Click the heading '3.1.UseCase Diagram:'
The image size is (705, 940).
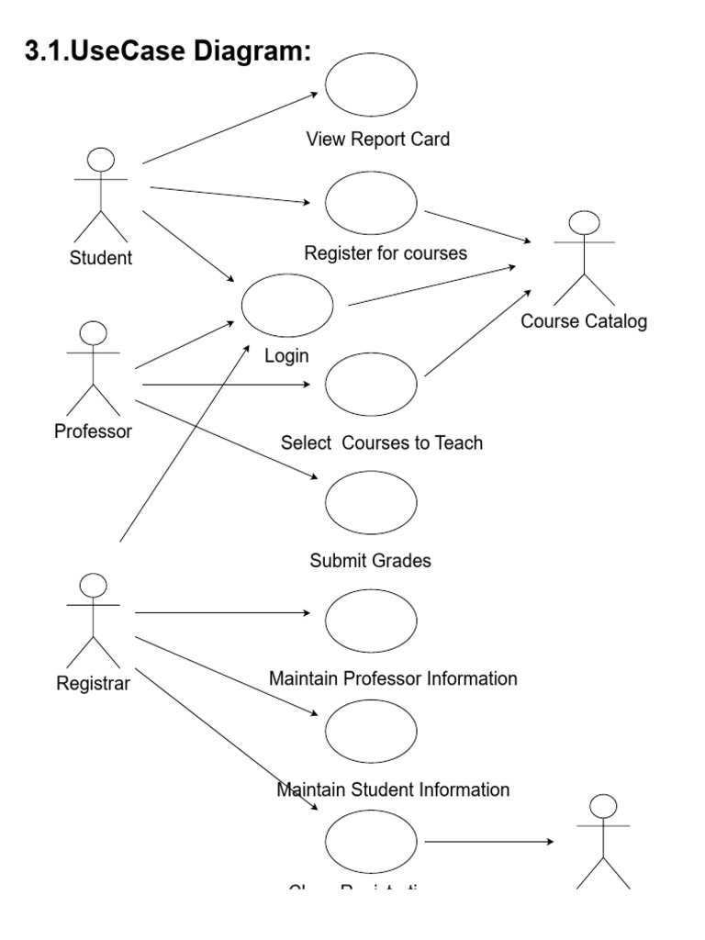(x=168, y=52)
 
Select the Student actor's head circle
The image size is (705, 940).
(x=101, y=160)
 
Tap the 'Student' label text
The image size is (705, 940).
(x=101, y=258)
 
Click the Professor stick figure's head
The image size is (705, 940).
(x=94, y=332)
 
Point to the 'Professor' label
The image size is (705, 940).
(x=94, y=431)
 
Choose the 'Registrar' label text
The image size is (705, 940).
(x=94, y=683)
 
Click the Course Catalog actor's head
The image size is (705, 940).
(x=584, y=222)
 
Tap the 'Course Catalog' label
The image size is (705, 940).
(x=584, y=321)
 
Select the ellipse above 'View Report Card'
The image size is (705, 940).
(x=371, y=84)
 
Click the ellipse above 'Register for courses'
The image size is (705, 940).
(x=371, y=203)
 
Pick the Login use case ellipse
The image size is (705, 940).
(x=287, y=305)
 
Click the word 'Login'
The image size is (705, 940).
(x=287, y=356)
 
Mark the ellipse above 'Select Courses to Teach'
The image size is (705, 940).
(x=371, y=384)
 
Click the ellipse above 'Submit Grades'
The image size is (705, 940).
(x=371, y=501)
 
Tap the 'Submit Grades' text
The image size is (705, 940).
(x=371, y=561)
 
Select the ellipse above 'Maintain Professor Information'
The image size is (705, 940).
(x=371, y=621)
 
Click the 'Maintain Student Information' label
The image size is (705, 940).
(x=393, y=789)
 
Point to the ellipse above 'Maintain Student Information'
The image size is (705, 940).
(x=371, y=731)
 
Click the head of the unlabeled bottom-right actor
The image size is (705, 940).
(x=602, y=806)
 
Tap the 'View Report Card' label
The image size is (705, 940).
(x=378, y=140)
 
